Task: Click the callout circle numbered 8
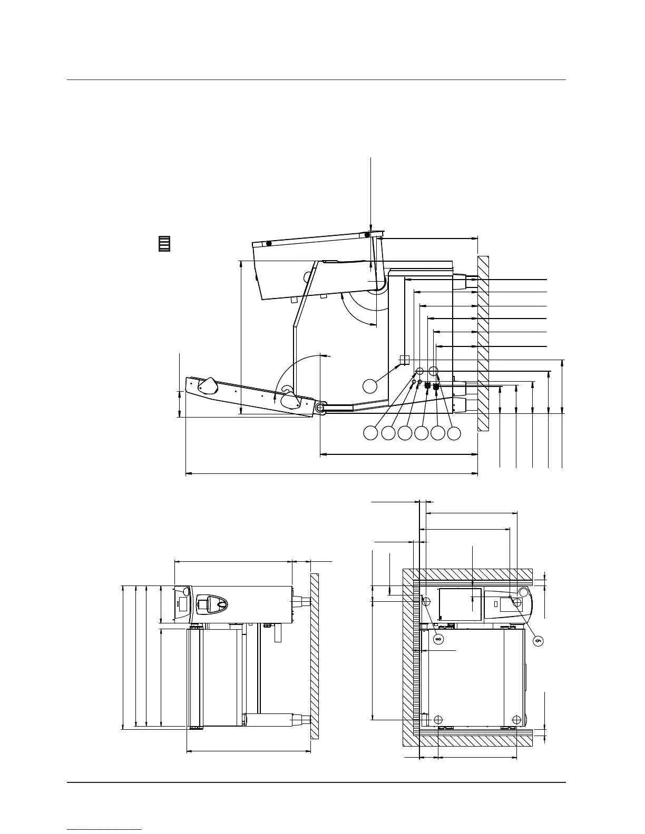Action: [x=438, y=639]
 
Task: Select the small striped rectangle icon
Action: [x=165, y=243]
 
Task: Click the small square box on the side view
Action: [x=404, y=360]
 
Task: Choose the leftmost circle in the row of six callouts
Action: [x=370, y=433]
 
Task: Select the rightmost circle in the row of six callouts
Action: [x=454, y=433]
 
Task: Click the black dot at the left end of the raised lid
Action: [x=269, y=244]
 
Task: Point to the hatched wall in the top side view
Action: [x=483, y=342]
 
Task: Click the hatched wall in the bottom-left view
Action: [x=315, y=656]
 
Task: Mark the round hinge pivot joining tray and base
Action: [x=320, y=408]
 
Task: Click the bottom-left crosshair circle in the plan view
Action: [x=438, y=719]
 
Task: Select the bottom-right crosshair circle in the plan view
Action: [x=516, y=719]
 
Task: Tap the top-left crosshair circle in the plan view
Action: [x=426, y=601]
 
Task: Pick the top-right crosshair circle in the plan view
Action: [x=517, y=601]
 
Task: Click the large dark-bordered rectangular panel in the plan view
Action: [x=461, y=604]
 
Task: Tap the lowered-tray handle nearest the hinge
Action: [x=290, y=399]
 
